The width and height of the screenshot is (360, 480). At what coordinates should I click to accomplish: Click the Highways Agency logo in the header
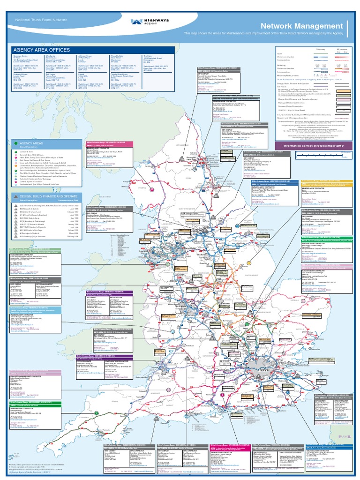(144, 22)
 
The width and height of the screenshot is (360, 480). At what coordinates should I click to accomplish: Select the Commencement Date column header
(69, 202)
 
